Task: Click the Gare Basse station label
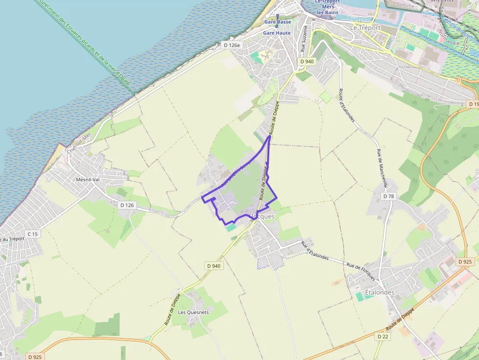277,22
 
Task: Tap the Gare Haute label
277,33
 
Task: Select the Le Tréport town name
365,28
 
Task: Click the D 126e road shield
232,45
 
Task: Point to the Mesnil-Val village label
87,179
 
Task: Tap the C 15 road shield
33,234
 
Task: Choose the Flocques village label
262,216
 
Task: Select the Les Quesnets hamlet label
193,312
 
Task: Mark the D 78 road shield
389,196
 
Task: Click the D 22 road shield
383,337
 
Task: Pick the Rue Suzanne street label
305,39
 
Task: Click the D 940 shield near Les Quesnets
214,266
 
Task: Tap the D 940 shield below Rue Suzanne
307,61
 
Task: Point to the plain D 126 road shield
127,205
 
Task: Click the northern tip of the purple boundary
270,136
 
